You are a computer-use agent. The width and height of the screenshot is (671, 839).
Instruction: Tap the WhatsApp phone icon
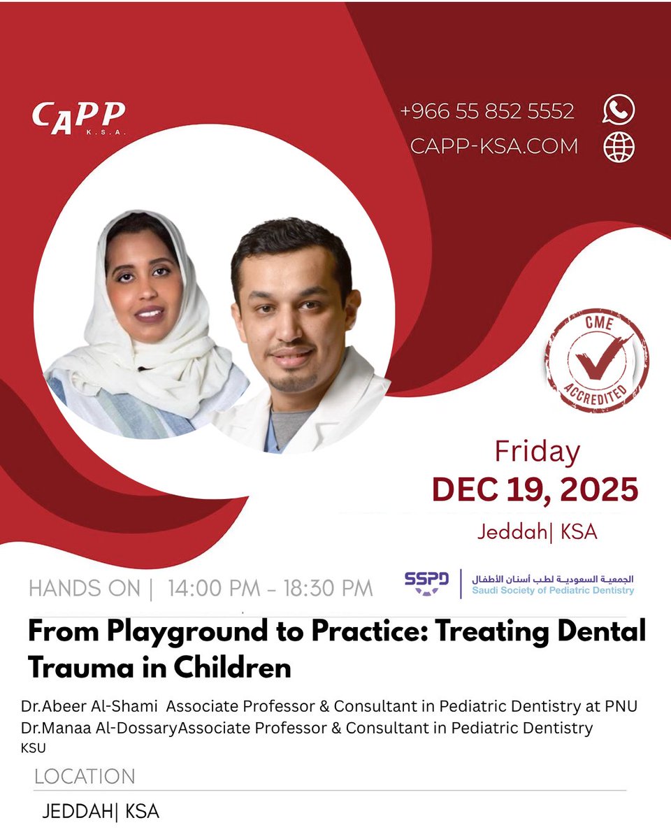(x=619, y=110)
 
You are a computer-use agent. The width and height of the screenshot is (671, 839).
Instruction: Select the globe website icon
(x=619, y=146)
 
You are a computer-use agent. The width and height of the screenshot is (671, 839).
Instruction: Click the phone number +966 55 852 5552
(x=487, y=111)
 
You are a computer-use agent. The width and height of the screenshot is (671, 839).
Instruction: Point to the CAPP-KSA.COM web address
(x=494, y=146)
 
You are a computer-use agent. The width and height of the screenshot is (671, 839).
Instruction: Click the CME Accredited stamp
(x=598, y=359)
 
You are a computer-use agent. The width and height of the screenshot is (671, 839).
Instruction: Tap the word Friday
(x=537, y=452)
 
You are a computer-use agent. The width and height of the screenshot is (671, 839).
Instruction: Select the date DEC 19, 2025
(x=535, y=489)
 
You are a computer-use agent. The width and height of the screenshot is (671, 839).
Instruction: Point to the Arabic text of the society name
(x=553, y=579)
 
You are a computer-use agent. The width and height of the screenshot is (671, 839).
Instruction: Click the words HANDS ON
(x=85, y=589)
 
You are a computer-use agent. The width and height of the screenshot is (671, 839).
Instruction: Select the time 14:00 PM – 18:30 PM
(x=270, y=589)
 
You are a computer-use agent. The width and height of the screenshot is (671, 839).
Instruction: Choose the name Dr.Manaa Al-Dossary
(x=99, y=729)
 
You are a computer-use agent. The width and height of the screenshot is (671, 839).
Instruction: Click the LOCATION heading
(x=84, y=777)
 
